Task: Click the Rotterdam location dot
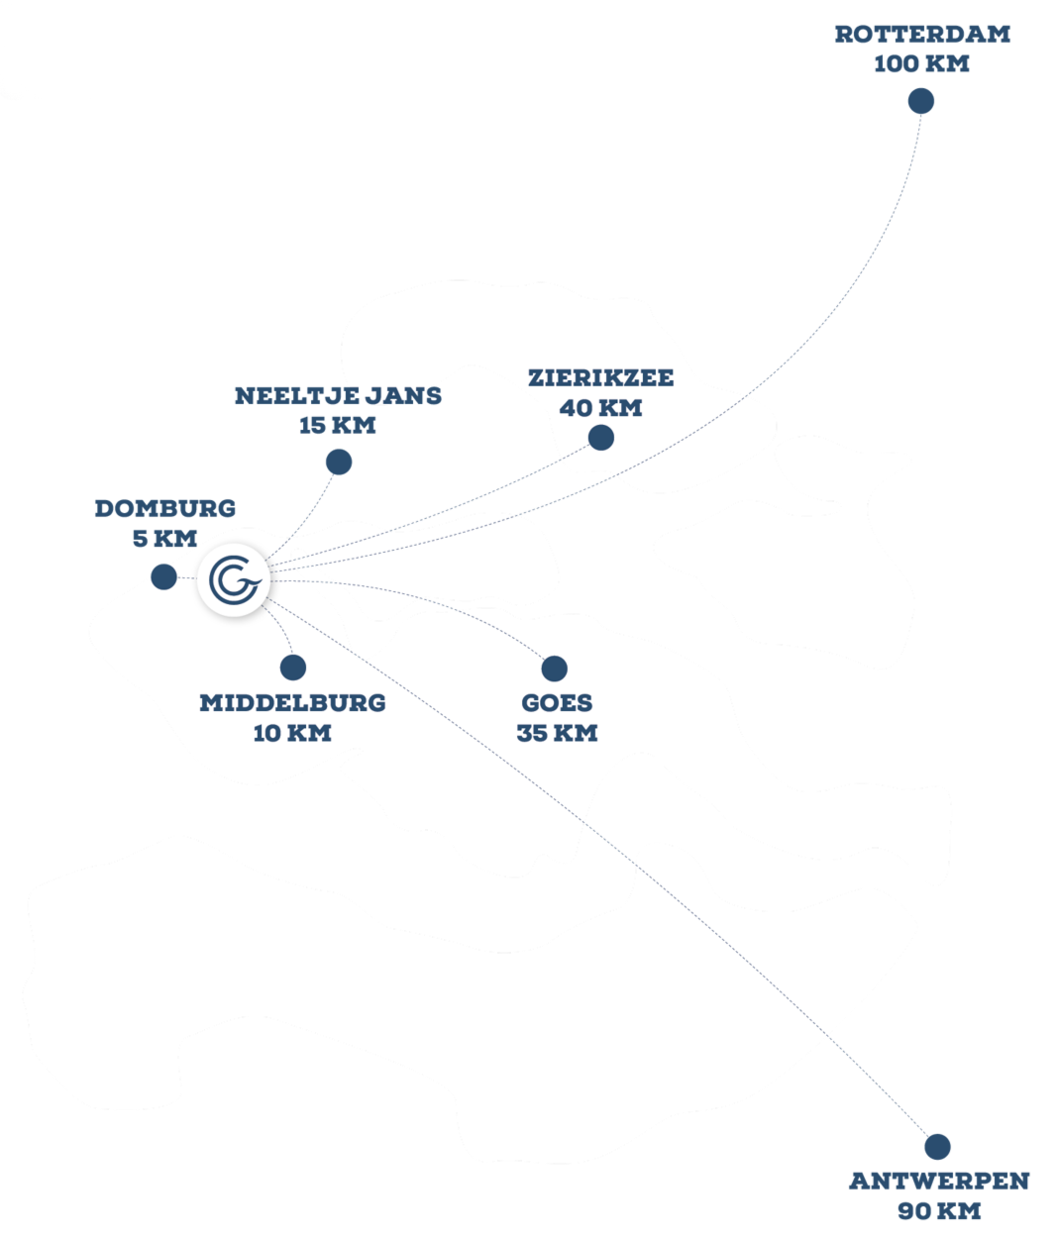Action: (921, 101)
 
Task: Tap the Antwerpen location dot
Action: (937, 1146)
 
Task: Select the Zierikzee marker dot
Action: (600, 438)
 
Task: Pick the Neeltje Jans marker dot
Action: (339, 462)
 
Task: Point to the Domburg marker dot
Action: (163, 576)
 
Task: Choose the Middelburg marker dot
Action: (292, 668)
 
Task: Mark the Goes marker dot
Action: (554, 669)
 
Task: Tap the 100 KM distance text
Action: (921, 64)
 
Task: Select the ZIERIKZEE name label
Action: (600, 378)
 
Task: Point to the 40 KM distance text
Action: (600, 408)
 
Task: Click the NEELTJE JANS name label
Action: (338, 396)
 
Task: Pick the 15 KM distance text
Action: (338, 426)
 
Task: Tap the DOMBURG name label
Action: (164, 509)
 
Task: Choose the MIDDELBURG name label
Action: (292, 703)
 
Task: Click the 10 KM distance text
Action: (292, 733)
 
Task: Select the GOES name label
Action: (557, 703)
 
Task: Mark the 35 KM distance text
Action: (557, 733)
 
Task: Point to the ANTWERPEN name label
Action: (939, 1181)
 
